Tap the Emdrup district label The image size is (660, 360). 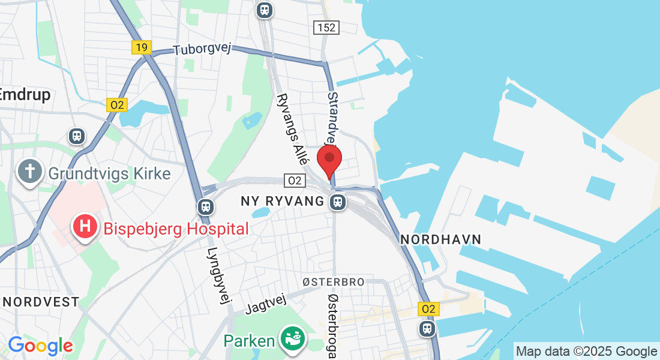point(25,95)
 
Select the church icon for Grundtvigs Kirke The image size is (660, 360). point(29,173)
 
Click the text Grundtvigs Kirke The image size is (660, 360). point(110,174)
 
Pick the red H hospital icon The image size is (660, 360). point(85,228)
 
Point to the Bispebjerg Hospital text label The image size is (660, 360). point(176,229)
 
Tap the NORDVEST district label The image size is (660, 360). point(41,301)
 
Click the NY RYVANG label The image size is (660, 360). point(282,201)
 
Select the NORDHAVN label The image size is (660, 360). point(441,239)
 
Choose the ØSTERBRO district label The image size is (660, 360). point(333,282)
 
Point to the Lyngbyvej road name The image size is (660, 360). point(220,277)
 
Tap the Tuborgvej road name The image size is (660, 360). point(202,50)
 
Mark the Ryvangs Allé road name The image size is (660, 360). point(293,129)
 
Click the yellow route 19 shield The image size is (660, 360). point(142,47)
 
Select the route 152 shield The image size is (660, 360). point(326,28)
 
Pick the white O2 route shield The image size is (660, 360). point(294,180)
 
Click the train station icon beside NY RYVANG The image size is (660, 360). point(338,202)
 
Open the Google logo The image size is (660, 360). point(40,346)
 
